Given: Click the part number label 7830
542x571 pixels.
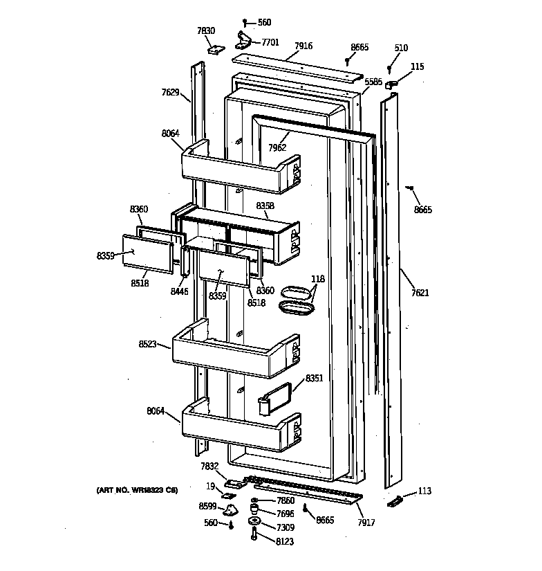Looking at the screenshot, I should [x=205, y=30].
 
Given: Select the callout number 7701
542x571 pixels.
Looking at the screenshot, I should [x=270, y=42].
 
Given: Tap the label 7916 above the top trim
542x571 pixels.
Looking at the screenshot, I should [x=303, y=46].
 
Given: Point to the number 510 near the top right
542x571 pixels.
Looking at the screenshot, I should [x=401, y=48].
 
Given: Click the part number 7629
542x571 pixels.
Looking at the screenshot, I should [x=171, y=92].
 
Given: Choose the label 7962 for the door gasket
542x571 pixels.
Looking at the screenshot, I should [x=278, y=147].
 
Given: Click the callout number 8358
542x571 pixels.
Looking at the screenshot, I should [x=265, y=206].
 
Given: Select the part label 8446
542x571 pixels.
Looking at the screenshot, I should [x=179, y=291].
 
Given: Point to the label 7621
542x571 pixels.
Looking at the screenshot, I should [x=420, y=293].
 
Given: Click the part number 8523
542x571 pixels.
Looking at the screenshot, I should [x=147, y=343].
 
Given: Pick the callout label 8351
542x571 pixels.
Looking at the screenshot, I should [x=315, y=379].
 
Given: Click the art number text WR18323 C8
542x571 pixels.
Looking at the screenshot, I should [x=137, y=490].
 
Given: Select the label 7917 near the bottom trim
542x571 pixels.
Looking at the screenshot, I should [x=366, y=523].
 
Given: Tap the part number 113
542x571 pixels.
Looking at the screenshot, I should [x=424, y=491].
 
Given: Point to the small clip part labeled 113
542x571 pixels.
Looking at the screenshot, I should [x=395, y=500].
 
